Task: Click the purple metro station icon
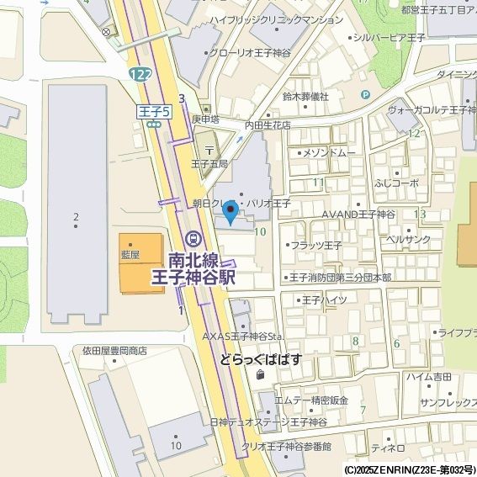[194, 239]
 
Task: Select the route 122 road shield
[140, 76]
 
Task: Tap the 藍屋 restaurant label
[130, 252]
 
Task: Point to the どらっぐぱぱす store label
[261, 359]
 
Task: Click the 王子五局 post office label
[209, 163]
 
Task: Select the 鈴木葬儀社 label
[305, 97]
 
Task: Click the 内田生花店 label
[268, 125]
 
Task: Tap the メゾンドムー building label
[327, 153]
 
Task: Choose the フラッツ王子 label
[315, 246]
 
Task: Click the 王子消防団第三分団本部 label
[339, 277]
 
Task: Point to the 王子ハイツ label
[324, 299]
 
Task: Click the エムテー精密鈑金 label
[311, 400]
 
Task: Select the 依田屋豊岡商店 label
[114, 351]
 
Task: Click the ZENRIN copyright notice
[409, 469]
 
